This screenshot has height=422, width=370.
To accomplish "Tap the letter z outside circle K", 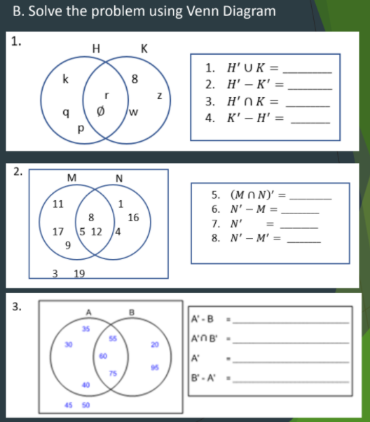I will click(160, 95).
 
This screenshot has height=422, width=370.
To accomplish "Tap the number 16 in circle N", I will click(134, 218).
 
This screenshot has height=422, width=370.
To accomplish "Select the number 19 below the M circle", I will click(79, 275).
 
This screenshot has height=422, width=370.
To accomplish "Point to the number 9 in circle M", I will click(68, 245).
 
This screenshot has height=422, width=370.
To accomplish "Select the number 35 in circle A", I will click(85, 329).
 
